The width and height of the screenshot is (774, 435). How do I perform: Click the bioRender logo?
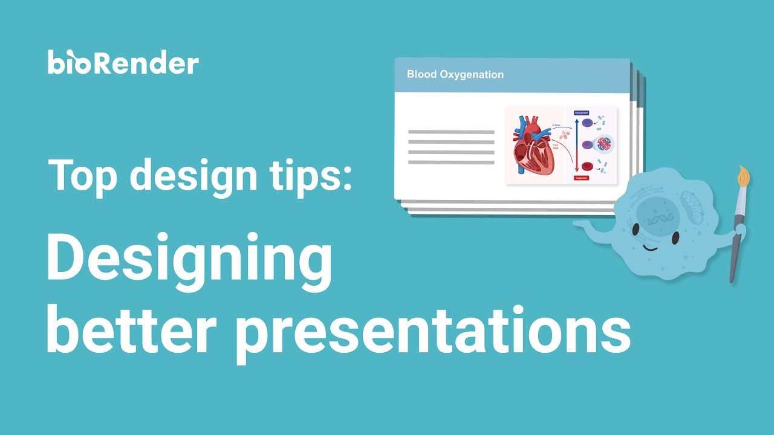coord(123,63)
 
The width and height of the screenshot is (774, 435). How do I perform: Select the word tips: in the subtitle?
coord(316,175)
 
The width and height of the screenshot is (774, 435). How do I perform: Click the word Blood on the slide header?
coord(421,75)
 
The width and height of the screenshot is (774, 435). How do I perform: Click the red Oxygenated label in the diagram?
coord(581,178)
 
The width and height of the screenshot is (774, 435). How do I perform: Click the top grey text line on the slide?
coord(451,132)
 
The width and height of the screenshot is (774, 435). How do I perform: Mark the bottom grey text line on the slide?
coord(451,163)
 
